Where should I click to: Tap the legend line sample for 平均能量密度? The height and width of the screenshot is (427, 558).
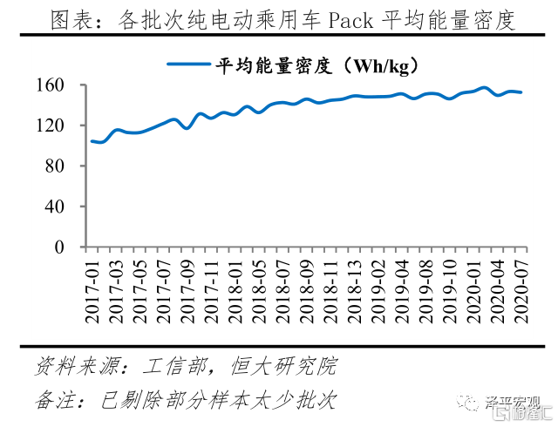click(x=187, y=64)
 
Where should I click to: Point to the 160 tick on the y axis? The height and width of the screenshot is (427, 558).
click(x=51, y=85)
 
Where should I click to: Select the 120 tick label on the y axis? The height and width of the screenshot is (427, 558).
click(x=51, y=125)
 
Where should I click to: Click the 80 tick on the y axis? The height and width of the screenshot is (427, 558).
click(x=56, y=166)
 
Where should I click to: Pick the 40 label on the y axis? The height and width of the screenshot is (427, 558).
click(x=56, y=207)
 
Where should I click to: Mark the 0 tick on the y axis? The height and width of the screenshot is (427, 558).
click(x=60, y=247)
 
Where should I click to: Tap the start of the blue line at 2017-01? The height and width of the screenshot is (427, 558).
click(x=92, y=141)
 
